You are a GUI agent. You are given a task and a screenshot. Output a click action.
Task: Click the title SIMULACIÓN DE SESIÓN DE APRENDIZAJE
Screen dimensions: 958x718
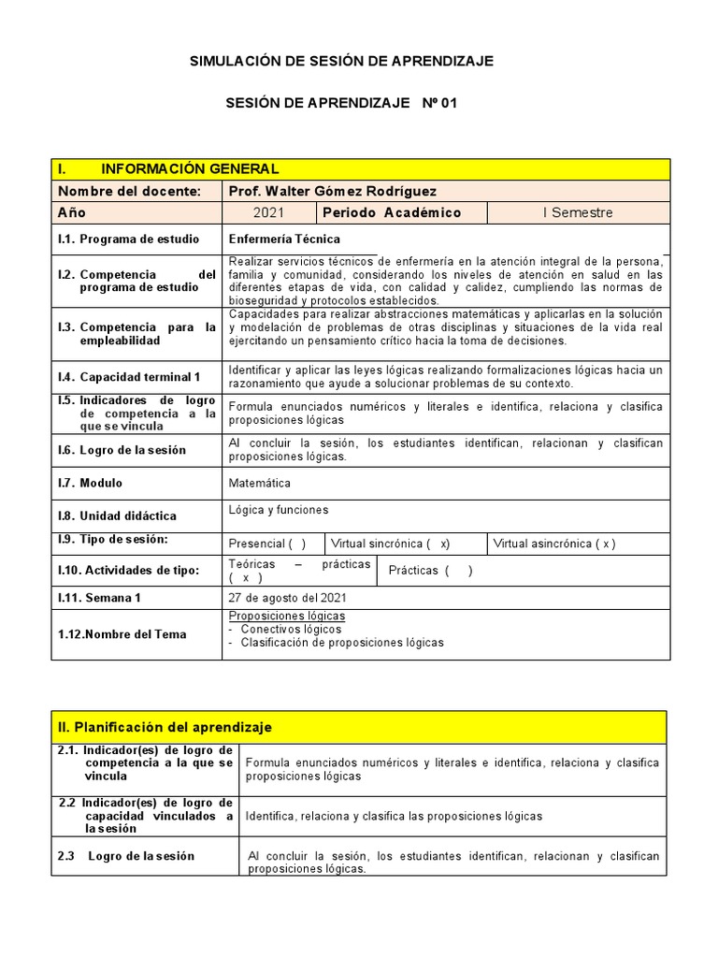click(x=341, y=61)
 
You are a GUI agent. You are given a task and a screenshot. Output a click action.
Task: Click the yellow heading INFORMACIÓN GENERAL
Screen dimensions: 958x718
click(x=190, y=168)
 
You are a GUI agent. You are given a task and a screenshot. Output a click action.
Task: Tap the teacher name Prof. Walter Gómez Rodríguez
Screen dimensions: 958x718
click(x=332, y=191)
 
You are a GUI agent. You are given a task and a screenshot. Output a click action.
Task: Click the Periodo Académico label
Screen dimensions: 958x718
click(x=392, y=212)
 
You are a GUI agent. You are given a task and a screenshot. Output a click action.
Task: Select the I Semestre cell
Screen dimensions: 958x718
click(x=578, y=212)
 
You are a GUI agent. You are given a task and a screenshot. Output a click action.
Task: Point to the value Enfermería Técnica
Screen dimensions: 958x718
click(x=284, y=239)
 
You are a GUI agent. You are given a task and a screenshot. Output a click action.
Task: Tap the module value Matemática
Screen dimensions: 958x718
click(x=259, y=484)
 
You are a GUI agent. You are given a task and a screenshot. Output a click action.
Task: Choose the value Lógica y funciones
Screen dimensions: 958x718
click(x=279, y=510)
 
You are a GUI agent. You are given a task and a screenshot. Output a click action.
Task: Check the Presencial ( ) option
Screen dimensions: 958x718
click(x=267, y=544)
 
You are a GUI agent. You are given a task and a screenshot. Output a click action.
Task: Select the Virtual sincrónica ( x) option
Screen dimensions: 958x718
click(x=392, y=544)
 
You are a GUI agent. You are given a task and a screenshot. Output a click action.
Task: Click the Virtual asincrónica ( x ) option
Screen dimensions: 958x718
click(x=553, y=544)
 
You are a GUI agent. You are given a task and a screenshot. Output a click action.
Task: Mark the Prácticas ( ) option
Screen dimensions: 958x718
click(x=430, y=571)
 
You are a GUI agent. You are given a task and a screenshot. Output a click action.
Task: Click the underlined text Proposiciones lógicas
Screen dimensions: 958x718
click(x=287, y=616)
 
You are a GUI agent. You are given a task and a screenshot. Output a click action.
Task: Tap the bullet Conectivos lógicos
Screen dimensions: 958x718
click(x=290, y=629)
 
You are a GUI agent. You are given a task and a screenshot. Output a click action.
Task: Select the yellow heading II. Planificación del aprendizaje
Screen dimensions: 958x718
click(x=165, y=727)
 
